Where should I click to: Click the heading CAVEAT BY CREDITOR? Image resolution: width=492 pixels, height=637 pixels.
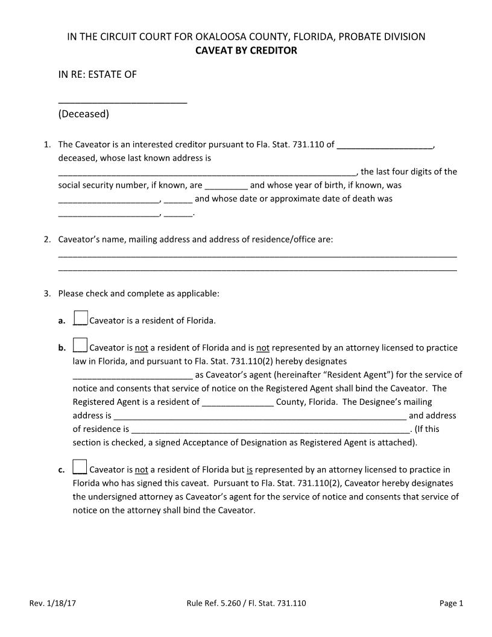coord(246,51)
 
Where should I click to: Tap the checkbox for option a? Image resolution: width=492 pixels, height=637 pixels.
coord(80,318)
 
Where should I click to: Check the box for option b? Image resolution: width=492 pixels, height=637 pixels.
coord(80,345)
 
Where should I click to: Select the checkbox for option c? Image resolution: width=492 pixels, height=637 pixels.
coord(80,467)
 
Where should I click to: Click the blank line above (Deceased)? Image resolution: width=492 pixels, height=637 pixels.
coord(122,101)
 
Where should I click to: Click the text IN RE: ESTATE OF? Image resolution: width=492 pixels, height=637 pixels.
coord(97,75)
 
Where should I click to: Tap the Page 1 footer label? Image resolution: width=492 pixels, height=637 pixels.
coord(451,603)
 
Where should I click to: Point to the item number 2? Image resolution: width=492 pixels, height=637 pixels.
coord(47,239)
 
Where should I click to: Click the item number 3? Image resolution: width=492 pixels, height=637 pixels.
coord(47,294)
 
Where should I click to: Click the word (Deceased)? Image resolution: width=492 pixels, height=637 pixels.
coord(83,113)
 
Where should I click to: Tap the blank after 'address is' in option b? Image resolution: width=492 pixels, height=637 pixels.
coord(260,416)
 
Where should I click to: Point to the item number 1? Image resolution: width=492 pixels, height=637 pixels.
coord(47,145)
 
